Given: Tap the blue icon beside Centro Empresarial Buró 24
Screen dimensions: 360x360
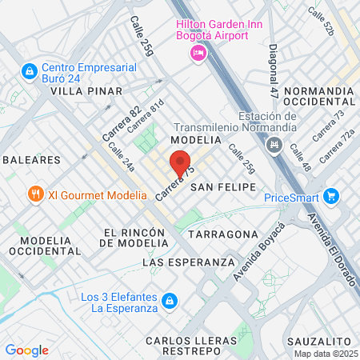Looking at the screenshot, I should tap(29, 72).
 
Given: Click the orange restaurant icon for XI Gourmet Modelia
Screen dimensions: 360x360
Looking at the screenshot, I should tap(35, 194).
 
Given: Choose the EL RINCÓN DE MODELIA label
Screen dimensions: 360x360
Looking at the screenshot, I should tap(134, 238).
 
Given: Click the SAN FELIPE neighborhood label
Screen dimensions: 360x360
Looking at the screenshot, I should tap(223, 186).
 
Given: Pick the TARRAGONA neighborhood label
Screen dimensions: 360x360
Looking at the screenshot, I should tap(223, 234).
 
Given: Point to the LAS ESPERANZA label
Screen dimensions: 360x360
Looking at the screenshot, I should tap(188, 262).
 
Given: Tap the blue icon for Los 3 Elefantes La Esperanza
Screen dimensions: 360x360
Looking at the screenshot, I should tap(169, 302).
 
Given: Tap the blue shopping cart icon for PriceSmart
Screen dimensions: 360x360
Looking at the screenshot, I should tap(331, 196).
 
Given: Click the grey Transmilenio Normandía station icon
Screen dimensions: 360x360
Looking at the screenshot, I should tap(276, 145).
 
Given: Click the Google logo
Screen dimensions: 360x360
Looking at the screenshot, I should tap(26, 350).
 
